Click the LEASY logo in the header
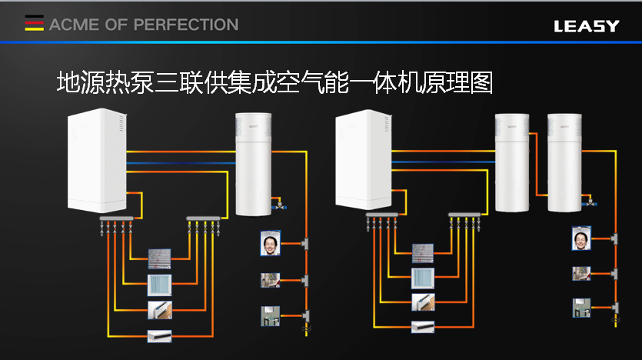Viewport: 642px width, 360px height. click(x=586, y=25)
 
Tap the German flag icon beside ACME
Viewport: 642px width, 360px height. click(x=34, y=25)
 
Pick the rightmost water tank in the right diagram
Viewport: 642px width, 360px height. click(x=564, y=162)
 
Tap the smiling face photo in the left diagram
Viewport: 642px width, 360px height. click(x=270, y=243)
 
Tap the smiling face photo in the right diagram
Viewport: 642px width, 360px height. click(x=581, y=238)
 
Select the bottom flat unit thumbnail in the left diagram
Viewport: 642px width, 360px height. click(x=159, y=335)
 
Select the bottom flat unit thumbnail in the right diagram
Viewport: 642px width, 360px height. click(x=422, y=326)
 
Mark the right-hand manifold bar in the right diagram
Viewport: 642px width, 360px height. click(x=466, y=215)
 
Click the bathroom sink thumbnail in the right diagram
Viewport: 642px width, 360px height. click(x=580, y=308)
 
